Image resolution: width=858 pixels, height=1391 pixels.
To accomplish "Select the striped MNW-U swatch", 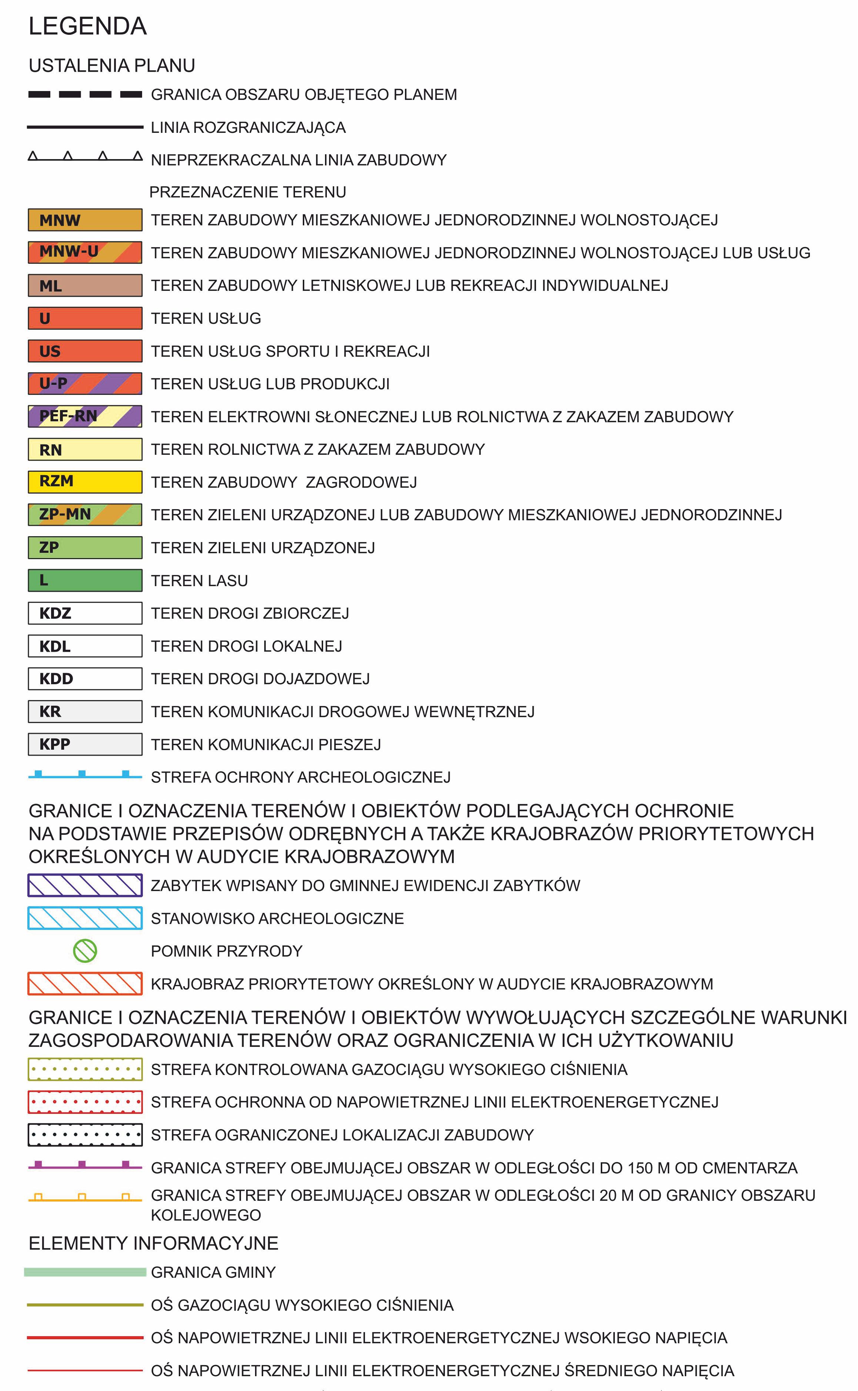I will tap(85, 252).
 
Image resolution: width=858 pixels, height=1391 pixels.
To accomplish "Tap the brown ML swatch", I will tap(85, 285).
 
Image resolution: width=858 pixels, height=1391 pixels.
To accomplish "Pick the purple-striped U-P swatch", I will tap(85, 383).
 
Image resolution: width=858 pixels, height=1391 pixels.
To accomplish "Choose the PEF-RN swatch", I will tap(85, 416).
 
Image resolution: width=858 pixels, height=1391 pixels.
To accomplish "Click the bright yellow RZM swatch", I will tap(85, 482).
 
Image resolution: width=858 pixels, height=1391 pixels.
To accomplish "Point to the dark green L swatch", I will tap(85, 580).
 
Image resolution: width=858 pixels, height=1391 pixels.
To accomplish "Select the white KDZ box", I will tap(85, 613).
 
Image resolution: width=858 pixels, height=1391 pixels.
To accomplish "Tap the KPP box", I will tap(85, 744).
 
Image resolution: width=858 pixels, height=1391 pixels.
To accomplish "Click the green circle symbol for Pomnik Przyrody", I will tap(85, 951).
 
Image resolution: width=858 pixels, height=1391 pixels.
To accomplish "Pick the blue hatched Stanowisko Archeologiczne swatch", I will tap(85, 918).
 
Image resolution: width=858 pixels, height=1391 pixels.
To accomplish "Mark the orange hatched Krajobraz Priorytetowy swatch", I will tap(85, 984).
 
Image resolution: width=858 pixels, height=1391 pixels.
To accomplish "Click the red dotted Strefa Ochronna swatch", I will tap(85, 1102).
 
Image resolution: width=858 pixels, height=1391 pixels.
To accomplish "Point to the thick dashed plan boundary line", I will tap(85, 94).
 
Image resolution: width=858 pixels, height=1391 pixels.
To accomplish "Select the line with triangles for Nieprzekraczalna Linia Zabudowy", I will tap(85, 157).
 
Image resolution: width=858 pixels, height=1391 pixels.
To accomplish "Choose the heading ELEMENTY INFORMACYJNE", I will tap(153, 1243).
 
